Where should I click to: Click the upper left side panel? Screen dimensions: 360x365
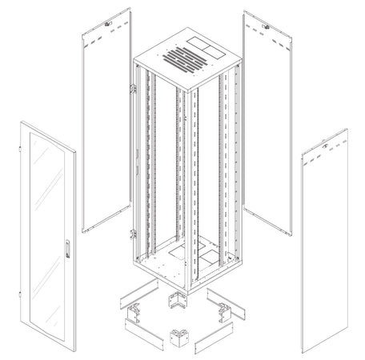pos(108,120)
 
